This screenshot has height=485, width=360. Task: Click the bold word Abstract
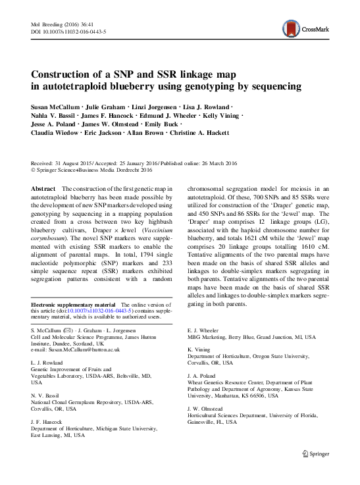(43, 189)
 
